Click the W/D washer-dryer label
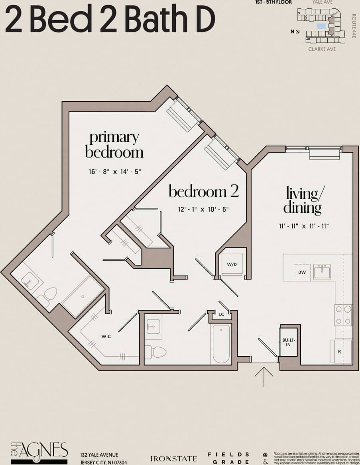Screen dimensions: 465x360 coord(232,264)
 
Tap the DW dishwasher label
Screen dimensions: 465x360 coord(302,272)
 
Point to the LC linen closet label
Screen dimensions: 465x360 coord(221,315)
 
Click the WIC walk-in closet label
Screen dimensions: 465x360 coord(106,337)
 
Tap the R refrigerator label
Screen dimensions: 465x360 coord(339,352)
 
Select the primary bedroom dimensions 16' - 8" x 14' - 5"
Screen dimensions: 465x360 coord(115,172)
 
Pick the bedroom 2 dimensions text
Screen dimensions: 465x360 coord(203,209)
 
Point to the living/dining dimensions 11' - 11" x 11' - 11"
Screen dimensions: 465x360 coord(304,226)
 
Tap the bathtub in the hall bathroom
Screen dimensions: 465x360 coord(221,343)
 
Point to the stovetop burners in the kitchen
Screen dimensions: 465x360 coord(343,315)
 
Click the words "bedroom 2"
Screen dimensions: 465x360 coord(203,192)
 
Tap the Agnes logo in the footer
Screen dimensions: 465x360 coord(39,453)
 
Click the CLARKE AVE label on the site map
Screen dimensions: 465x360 coord(322,49)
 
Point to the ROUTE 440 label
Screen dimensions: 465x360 coord(353,26)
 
